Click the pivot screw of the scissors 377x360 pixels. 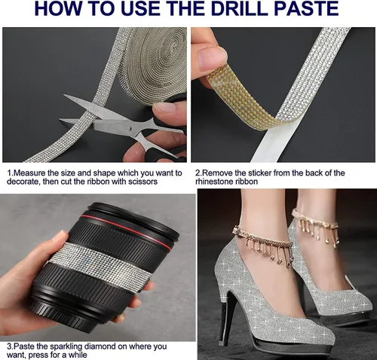pos(129,128)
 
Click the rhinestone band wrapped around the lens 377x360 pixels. pos(100,266)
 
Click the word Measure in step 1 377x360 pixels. pos(29,173)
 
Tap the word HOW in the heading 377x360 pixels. pos(57,8)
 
